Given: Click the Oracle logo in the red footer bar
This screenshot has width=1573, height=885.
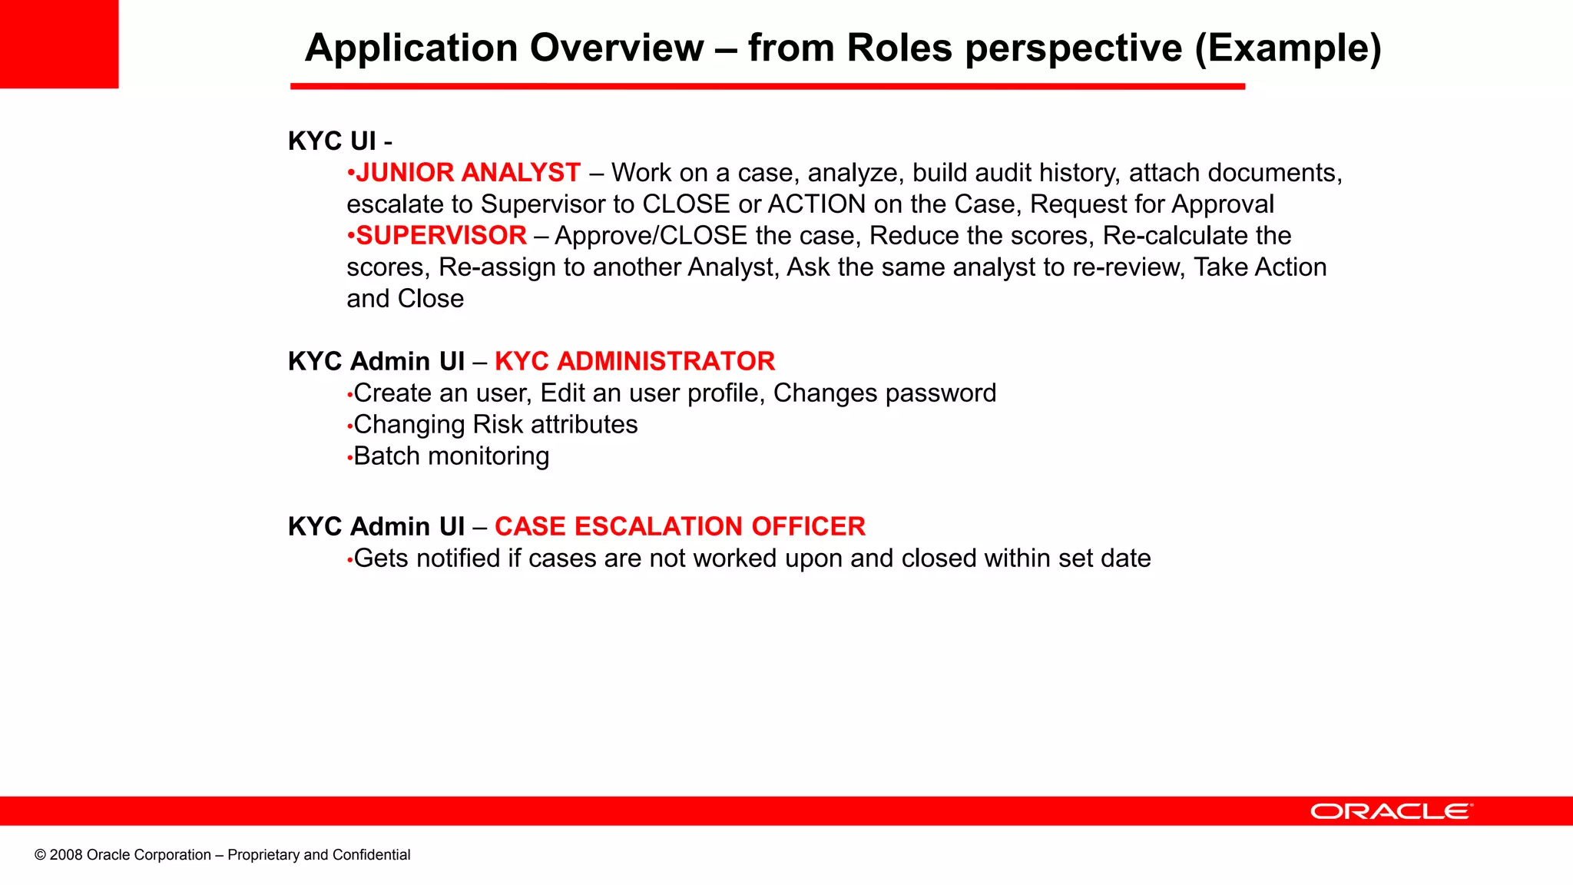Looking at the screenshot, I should point(1391,811).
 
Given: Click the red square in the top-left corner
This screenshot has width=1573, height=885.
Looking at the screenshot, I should point(59,44).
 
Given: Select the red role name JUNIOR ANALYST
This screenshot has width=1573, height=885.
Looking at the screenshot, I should point(468,173).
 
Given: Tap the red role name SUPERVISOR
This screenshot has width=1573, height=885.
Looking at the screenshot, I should point(442,236).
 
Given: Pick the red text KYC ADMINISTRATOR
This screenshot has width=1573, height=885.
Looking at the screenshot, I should point(634,361).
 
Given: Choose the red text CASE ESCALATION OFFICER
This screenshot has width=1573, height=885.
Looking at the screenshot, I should point(680,526).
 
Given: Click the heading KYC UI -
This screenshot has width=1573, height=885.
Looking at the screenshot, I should point(339,141).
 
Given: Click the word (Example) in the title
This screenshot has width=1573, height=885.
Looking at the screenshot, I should point(1288,48).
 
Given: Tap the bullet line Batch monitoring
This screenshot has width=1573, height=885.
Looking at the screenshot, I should point(451,456).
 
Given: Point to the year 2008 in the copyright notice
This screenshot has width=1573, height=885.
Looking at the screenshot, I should point(66,855).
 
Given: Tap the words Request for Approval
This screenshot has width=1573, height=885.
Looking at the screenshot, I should point(1151,204).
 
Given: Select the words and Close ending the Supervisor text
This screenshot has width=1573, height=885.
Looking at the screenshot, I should point(405,299).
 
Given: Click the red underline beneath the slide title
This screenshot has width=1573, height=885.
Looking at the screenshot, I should point(767,87).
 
